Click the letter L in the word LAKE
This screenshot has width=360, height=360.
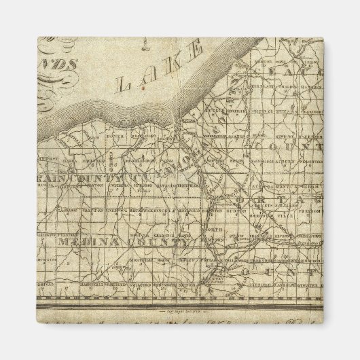pos(125,84)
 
